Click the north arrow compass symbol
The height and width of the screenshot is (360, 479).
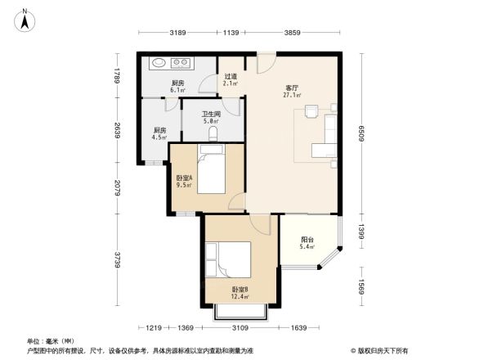25,18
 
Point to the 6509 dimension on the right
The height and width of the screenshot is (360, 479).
360,134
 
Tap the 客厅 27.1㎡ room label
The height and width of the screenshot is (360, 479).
290,91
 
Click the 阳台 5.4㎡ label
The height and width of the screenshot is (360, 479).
307,242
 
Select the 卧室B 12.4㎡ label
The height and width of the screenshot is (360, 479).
239,292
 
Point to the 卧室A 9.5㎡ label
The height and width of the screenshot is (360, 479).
184,182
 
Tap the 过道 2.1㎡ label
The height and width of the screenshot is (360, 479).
231,80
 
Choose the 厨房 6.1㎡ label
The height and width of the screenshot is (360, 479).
177,86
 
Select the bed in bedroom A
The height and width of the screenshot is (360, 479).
211,169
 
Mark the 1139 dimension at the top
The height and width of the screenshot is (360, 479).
231,33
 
